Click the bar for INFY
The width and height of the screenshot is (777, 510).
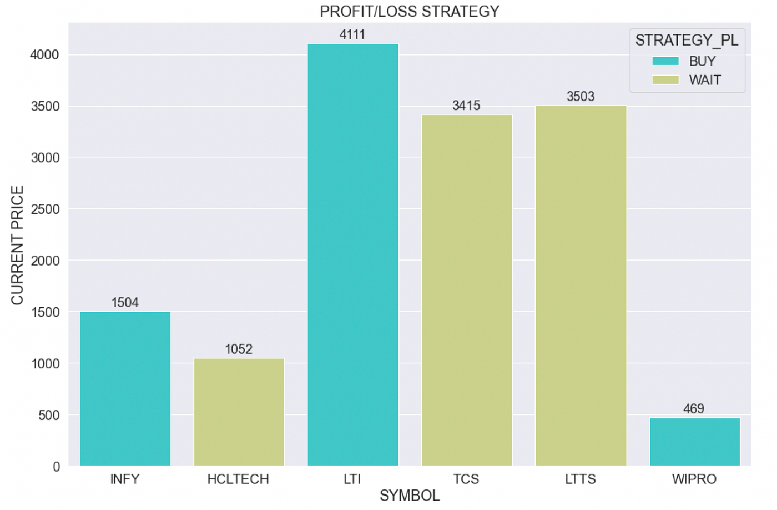[125, 389]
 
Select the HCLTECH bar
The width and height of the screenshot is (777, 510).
[239, 412]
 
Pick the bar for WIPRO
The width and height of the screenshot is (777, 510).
[694, 442]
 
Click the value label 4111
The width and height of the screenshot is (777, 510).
[352, 34]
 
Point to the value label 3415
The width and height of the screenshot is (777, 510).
[466, 106]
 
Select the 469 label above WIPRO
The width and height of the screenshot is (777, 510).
[694, 409]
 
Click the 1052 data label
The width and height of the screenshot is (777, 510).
[239, 349]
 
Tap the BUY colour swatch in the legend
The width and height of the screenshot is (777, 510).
[665, 61]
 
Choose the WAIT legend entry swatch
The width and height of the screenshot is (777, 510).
[665, 80]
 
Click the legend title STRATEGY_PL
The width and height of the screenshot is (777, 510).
[687, 41]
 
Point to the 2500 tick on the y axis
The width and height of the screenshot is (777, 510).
[45, 209]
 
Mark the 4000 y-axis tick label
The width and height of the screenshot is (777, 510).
[44, 55]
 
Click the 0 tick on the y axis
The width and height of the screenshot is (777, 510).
[56, 467]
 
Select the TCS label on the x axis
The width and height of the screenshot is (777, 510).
[466, 479]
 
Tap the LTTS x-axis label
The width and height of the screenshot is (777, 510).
[581, 479]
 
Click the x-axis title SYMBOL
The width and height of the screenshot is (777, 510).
[410, 496]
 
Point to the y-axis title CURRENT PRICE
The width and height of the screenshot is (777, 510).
[17, 245]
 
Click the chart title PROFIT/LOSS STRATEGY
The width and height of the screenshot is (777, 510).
[410, 11]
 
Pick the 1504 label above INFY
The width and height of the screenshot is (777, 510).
[125, 302]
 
